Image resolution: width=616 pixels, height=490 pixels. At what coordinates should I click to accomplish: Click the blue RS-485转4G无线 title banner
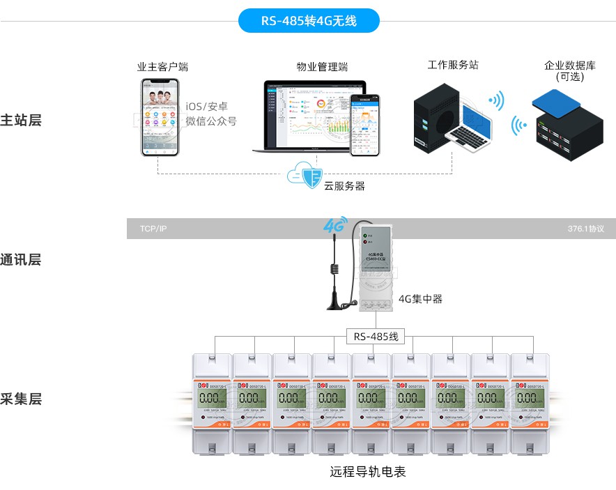pos(309,21)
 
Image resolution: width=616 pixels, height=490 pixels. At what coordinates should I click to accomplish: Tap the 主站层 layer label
pos(21,120)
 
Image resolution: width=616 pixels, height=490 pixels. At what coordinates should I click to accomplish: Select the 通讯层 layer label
pos(21,260)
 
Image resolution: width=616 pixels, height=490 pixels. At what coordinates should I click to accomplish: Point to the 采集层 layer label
pos(21,399)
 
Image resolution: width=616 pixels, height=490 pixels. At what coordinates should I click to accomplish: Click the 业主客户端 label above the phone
pos(162,67)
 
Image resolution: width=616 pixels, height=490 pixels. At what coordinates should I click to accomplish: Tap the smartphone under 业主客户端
pos(160,116)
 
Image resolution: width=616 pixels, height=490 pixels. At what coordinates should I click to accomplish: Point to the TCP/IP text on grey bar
pos(153,229)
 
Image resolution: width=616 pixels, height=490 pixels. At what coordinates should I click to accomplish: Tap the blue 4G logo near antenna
pos(335,226)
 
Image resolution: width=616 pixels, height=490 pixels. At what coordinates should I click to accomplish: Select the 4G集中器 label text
pos(420,299)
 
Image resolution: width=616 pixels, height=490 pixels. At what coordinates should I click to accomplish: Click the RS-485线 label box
pos(376,337)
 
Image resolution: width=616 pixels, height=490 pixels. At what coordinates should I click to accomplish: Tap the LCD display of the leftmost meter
pos(210,399)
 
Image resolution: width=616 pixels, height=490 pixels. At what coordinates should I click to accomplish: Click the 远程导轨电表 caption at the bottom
pos(367,472)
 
